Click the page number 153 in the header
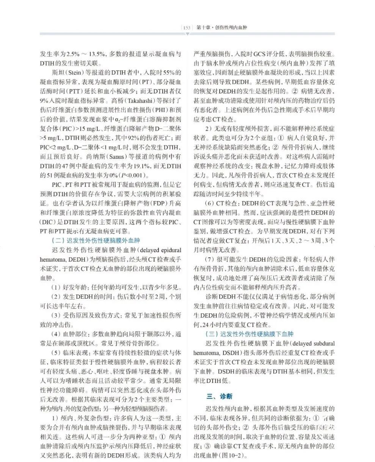[x=186, y=28]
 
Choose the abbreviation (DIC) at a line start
[x=48, y=221]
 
